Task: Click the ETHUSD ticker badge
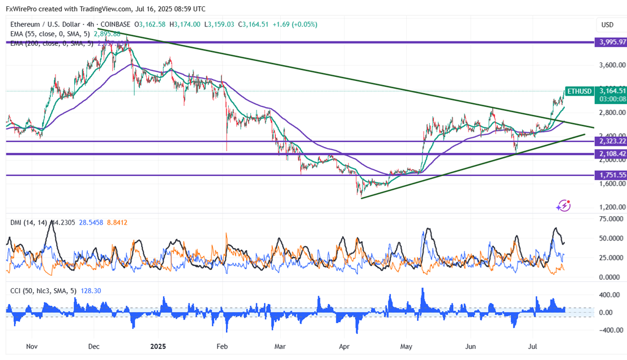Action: pos(579,91)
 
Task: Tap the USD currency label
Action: pos(607,25)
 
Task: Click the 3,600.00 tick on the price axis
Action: pos(609,65)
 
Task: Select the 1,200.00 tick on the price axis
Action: pos(609,207)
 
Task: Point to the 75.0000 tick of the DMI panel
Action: pos(609,219)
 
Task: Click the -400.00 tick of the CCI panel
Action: pos(607,330)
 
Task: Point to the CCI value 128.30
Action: pos(75,291)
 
